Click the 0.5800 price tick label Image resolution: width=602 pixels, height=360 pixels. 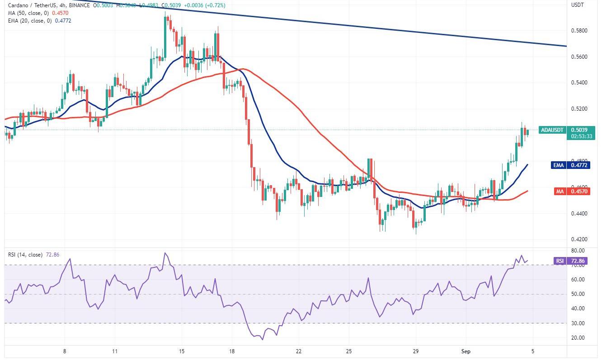(579, 31)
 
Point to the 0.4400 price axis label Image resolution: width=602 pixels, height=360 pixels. (579, 213)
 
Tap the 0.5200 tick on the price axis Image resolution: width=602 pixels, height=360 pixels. (579, 109)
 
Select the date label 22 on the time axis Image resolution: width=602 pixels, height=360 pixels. (299, 351)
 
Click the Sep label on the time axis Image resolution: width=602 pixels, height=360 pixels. (466, 351)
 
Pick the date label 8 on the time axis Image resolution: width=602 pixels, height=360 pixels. (65, 351)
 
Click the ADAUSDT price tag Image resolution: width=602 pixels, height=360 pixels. (552, 130)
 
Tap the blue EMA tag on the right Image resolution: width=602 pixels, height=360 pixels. (559, 165)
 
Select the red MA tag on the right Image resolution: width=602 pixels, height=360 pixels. (559, 192)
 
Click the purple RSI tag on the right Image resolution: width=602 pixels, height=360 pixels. (559, 261)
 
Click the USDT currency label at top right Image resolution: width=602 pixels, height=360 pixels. (578, 5)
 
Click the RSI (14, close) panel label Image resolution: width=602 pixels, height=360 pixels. (25, 255)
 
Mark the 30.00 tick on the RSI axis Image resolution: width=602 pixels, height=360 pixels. (578, 323)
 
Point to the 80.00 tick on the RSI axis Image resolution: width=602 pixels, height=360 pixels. (578, 251)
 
